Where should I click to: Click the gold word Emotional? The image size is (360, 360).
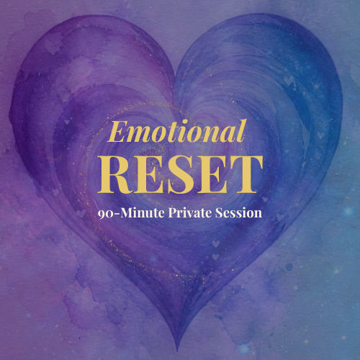point(177,131)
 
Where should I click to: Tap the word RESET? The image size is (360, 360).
point(180,174)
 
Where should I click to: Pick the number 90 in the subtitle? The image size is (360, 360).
point(104,214)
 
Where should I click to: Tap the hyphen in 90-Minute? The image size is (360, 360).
point(115,215)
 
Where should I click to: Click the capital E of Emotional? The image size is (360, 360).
point(117,132)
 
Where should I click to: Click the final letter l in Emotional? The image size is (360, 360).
point(243,131)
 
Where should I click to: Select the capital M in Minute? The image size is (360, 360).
point(126,213)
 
